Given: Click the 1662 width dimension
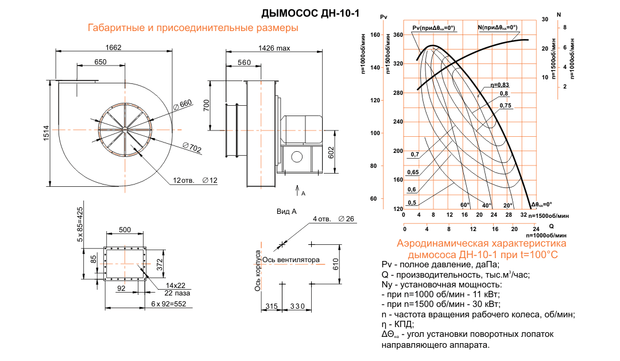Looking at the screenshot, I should point(114,48).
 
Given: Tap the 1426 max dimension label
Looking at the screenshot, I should point(274,48).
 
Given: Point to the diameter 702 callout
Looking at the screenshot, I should point(192,149).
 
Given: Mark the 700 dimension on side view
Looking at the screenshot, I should point(206,105).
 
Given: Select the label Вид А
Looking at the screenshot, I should point(286,212).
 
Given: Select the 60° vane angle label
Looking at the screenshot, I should point(464,205).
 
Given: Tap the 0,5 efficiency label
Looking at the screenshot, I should point(412,202).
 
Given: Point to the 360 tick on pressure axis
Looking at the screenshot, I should point(398,35).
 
